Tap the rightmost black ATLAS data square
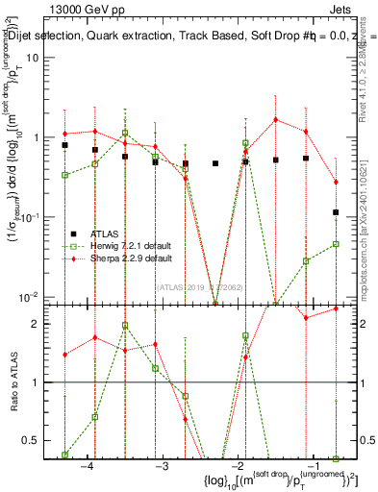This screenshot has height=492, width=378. coord(336,212)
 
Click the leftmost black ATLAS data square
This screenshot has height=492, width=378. coord(64,145)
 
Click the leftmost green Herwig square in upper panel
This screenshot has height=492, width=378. coord(64,175)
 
